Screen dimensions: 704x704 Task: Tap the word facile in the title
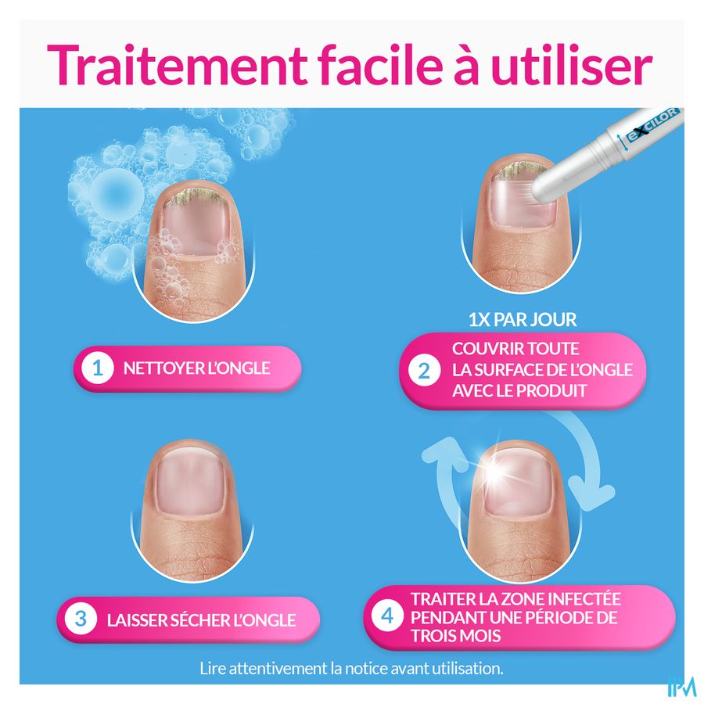[381, 65]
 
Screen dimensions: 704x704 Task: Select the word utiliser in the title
[571, 65]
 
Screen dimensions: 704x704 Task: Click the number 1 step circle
[98, 368]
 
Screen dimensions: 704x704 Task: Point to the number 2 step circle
[424, 371]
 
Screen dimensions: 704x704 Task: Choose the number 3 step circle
[81, 620]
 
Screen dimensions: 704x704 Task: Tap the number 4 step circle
[387, 616]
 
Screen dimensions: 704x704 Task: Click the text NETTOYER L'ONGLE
[196, 368]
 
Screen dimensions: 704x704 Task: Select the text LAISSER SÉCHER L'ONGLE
[201, 620]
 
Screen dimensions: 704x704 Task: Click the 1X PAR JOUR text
[523, 320]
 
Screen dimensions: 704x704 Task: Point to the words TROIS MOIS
[455, 636]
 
